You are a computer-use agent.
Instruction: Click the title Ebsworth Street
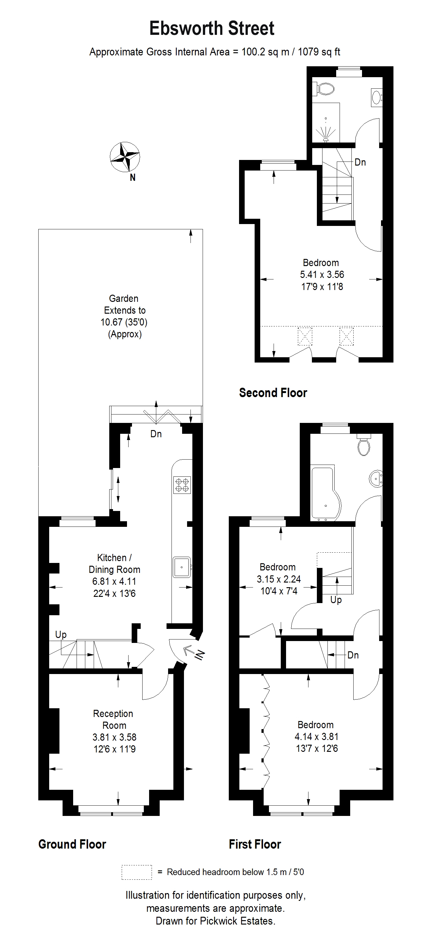click(212, 28)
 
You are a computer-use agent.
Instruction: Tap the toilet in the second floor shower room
click(325, 89)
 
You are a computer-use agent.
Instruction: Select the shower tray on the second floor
click(326, 123)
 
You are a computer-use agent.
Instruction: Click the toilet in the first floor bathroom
click(364, 444)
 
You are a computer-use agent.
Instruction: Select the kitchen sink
click(181, 567)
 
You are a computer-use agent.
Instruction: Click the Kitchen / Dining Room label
click(114, 563)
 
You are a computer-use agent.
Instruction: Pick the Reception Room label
click(113, 719)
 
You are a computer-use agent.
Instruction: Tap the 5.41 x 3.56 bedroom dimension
click(322, 274)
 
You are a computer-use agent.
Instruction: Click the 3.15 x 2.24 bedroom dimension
click(279, 579)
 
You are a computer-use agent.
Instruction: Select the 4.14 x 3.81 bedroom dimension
click(317, 736)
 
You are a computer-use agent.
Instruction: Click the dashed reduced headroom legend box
click(137, 872)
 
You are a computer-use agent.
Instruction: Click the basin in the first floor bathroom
click(376, 480)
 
